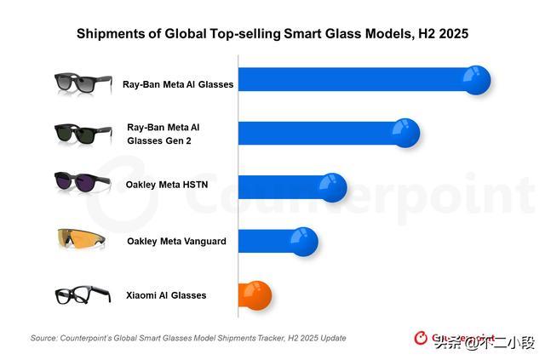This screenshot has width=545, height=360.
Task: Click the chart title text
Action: coord(272,34)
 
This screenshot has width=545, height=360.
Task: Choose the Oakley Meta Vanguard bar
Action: coord(268,241)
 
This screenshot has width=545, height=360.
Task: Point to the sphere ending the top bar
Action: coord(476,80)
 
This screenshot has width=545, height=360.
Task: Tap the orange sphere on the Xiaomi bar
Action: coord(256,294)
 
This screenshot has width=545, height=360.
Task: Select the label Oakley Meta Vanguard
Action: coord(176,241)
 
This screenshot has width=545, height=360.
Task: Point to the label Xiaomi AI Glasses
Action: coord(166,295)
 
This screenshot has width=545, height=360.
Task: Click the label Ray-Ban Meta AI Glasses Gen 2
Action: coord(163,134)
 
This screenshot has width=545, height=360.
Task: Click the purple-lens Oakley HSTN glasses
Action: coord(81,185)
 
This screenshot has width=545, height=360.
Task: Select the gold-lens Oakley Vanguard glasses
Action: coord(81,240)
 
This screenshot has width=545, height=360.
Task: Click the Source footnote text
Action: coord(188,338)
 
